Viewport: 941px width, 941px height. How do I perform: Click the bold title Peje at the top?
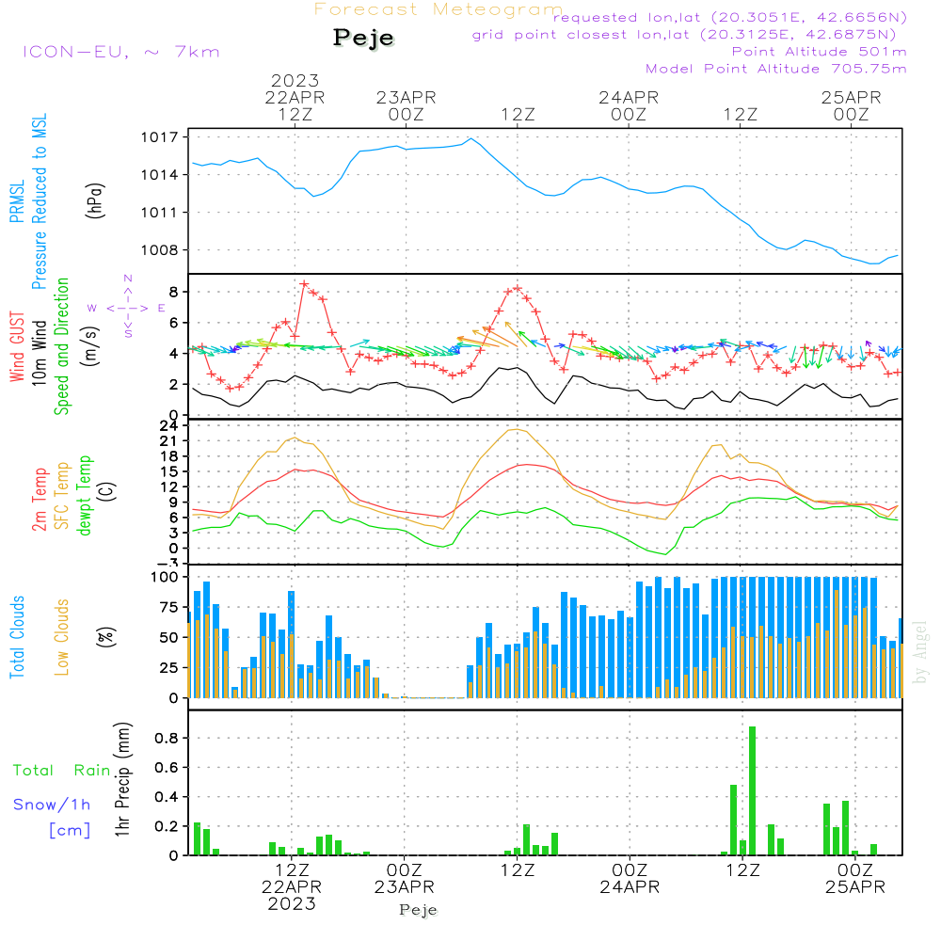(363, 38)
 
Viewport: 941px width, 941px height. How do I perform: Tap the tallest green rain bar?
(752, 790)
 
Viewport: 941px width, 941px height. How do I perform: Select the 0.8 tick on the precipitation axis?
(167, 738)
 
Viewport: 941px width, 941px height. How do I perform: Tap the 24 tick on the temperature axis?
(170, 425)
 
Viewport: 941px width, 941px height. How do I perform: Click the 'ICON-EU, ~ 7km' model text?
(120, 51)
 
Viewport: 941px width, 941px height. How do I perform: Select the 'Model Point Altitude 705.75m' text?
(776, 69)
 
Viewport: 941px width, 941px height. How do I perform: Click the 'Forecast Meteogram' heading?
(439, 9)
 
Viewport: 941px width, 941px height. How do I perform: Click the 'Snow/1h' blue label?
(52, 805)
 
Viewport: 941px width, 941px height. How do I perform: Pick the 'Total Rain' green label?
(62, 771)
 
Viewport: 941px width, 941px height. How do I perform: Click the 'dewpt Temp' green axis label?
(86, 496)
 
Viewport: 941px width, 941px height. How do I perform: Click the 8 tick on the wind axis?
(173, 292)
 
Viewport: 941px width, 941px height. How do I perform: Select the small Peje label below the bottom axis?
(419, 910)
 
